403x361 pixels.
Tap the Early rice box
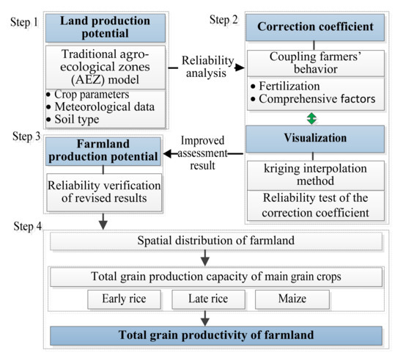[x=124, y=299]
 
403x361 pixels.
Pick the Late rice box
[x=207, y=299]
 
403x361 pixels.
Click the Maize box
[x=287, y=299]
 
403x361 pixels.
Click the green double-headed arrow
[x=314, y=117]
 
